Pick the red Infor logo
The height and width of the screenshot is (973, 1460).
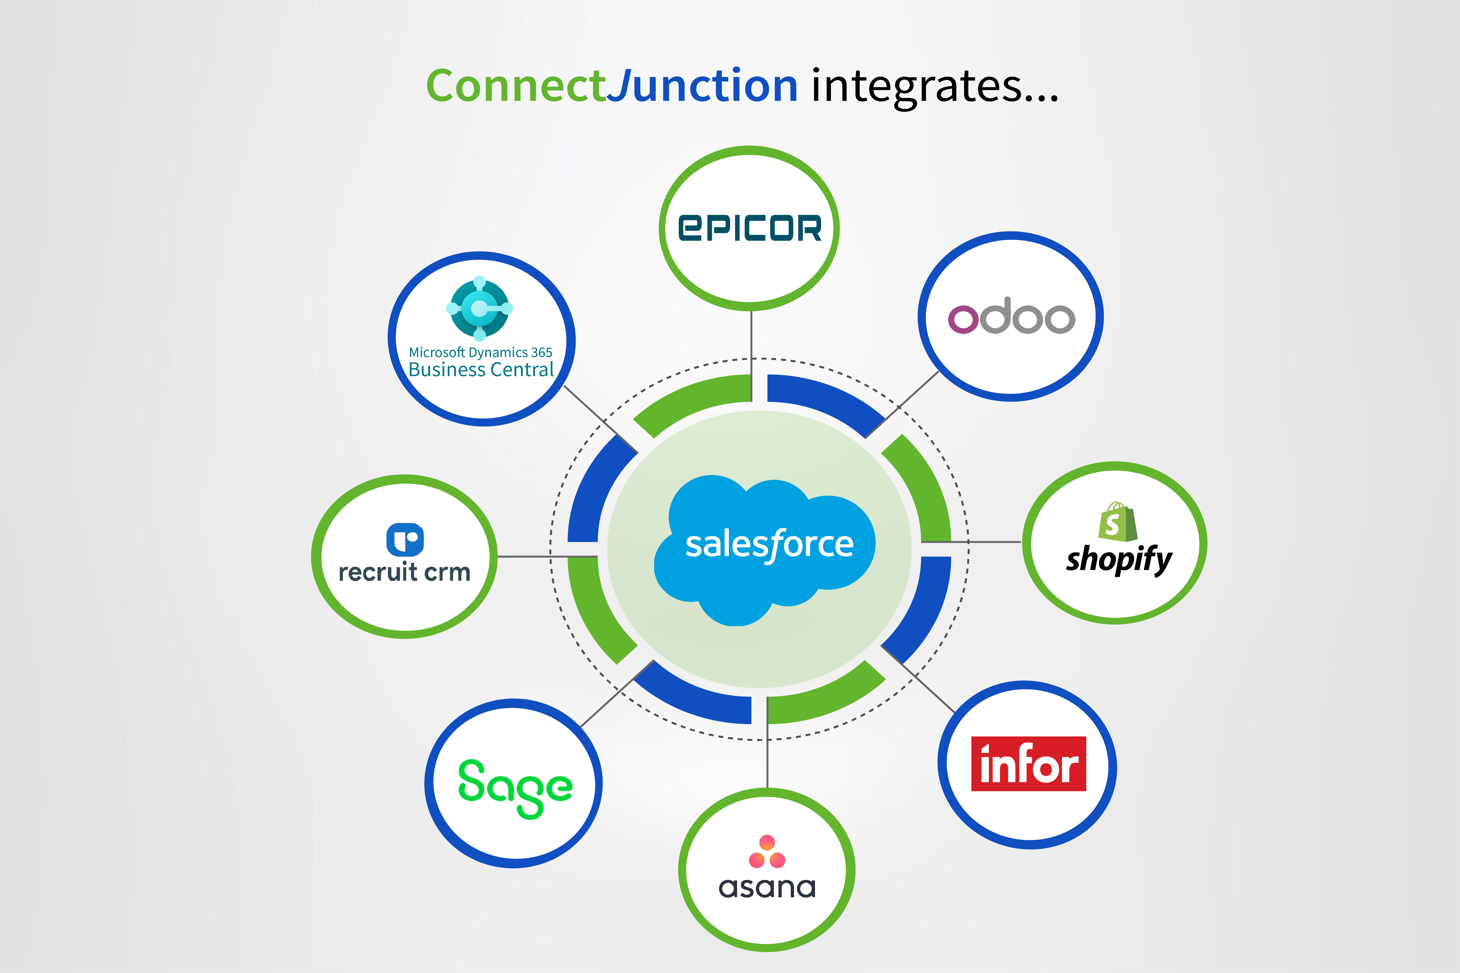1029,764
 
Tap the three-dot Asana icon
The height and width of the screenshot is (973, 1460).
767,851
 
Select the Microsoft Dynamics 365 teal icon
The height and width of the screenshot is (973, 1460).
479,308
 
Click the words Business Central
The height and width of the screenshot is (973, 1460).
481,370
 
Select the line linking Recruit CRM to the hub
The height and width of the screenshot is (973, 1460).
528,557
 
